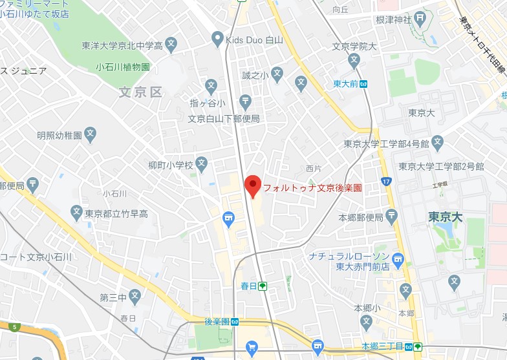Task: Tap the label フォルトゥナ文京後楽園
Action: pyautogui.click(x=312, y=189)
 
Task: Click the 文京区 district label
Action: pyautogui.click(x=140, y=92)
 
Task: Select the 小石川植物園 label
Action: pyautogui.click(x=123, y=67)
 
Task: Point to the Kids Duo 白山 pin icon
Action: pyautogui.click(x=218, y=40)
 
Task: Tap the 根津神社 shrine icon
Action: pyautogui.click(x=420, y=18)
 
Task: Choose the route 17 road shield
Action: pyautogui.click(x=386, y=182)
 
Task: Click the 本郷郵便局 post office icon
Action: pyautogui.click(x=392, y=216)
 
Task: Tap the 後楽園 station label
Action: pyautogui.click(x=217, y=322)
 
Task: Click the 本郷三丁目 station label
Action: pyautogui.click(x=383, y=346)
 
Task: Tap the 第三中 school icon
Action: pyautogui.click(x=135, y=295)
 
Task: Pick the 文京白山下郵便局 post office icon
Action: pyautogui.click(x=245, y=101)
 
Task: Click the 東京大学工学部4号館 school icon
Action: pyautogui.click(x=438, y=142)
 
